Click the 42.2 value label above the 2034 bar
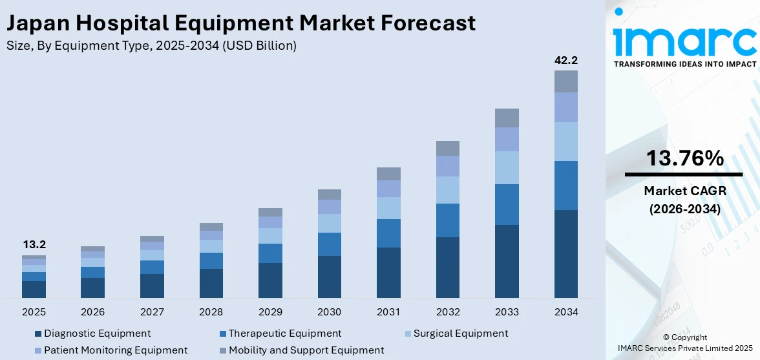coord(565,60)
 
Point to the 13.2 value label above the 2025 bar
coord(34,245)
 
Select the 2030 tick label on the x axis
coord(329,312)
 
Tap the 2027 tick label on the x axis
coord(152,312)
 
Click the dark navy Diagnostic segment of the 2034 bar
coord(565,253)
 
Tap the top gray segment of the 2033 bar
coord(507,118)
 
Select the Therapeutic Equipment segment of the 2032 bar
coord(447,220)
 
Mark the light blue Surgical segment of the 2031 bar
coord(388,208)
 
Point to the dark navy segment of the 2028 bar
coord(211,283)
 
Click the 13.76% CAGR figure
coord(684,158)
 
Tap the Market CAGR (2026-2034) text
coord(684,200)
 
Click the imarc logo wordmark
coord(684,40)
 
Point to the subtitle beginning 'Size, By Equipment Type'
coord(151,45)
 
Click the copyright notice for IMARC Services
coord(684,343)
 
